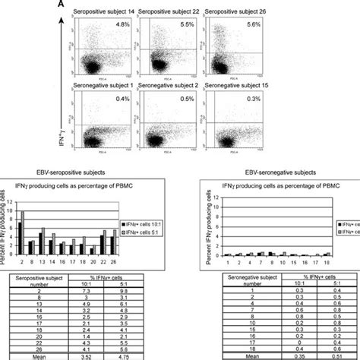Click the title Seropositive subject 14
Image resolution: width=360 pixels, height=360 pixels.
click(106, 17)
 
